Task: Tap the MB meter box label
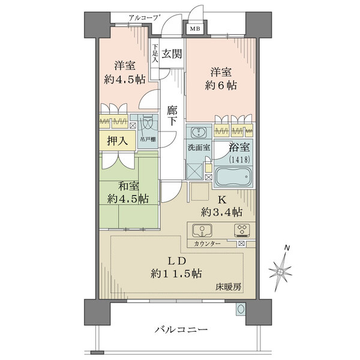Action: pos(196,28)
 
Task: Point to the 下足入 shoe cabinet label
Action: pos(155,54)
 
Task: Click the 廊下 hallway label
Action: pos(172,115)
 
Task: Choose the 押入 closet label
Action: pos(116,141)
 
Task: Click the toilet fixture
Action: pos(146,125)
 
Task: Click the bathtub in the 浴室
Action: pos(233,178)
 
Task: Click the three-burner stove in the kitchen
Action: pos(242,229)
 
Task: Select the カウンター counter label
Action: pos(207,244)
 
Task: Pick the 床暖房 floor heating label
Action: pos(229,287)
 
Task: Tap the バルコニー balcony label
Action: pos(181,330)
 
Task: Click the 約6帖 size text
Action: pos(220,85)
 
